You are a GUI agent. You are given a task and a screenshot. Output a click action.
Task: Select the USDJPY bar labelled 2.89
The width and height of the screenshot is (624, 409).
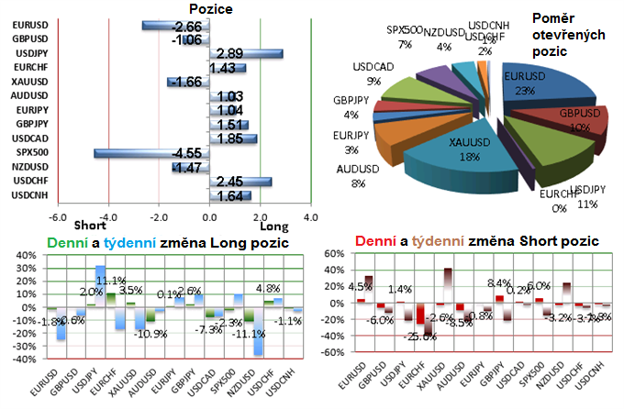[246, 54]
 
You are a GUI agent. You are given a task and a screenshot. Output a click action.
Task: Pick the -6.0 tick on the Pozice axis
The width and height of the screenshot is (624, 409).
[56, 217]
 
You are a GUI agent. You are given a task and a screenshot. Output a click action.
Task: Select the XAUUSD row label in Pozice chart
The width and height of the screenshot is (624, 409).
[25, 82]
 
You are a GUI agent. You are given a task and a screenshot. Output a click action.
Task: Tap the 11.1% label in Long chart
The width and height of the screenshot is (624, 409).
[113, 281]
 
